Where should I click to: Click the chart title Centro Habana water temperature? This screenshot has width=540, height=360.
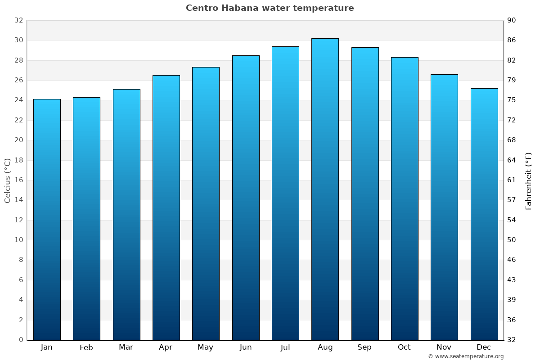pyautogui.click(x=270, y=8)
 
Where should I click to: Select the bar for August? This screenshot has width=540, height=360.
pyautogui.click(x=325, y=189)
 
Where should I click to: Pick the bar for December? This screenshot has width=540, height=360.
pyautogui.click(x=484, y=214)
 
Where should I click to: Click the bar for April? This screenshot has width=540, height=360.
pyautogui.click(x=166, y=207)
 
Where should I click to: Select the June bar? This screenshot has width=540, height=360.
pyautogui.click(x=246, y=198)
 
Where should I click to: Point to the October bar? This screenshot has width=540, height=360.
pyautogui.click(x=405, y=198)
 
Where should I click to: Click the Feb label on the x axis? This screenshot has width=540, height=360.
pyautogui.click(x=86, y=347)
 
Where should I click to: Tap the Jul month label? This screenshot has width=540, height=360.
pyautogui.click(x=285, y=347)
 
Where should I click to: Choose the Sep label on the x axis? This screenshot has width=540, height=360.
pyautogui.click(x=364, y=347)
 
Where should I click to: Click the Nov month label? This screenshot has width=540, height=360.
pyautogui.click(x=444, y=347)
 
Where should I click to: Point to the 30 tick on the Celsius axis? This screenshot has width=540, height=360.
pyautogui.click(x=18, y=40)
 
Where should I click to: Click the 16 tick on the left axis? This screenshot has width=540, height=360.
pyautogui.click(x=18, y=180)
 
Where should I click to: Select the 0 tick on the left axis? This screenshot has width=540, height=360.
pyautogui.click(x=21, y=340)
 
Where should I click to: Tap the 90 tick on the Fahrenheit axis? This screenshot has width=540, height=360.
pyautogui.click(x=512, y=21)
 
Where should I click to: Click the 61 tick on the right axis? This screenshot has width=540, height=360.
pyautogui.click(x=512, y=180)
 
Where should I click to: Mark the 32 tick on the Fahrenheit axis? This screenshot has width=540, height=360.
pyautogui.click(x=512, y=340)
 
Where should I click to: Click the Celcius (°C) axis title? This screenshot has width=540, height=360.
pyautogui.click(x=7, y=180)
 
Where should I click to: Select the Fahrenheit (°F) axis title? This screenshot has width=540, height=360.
pyautogui.click(x=528, y=180)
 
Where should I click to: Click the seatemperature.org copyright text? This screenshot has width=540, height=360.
pyautogui.click(x=466, y=356)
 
